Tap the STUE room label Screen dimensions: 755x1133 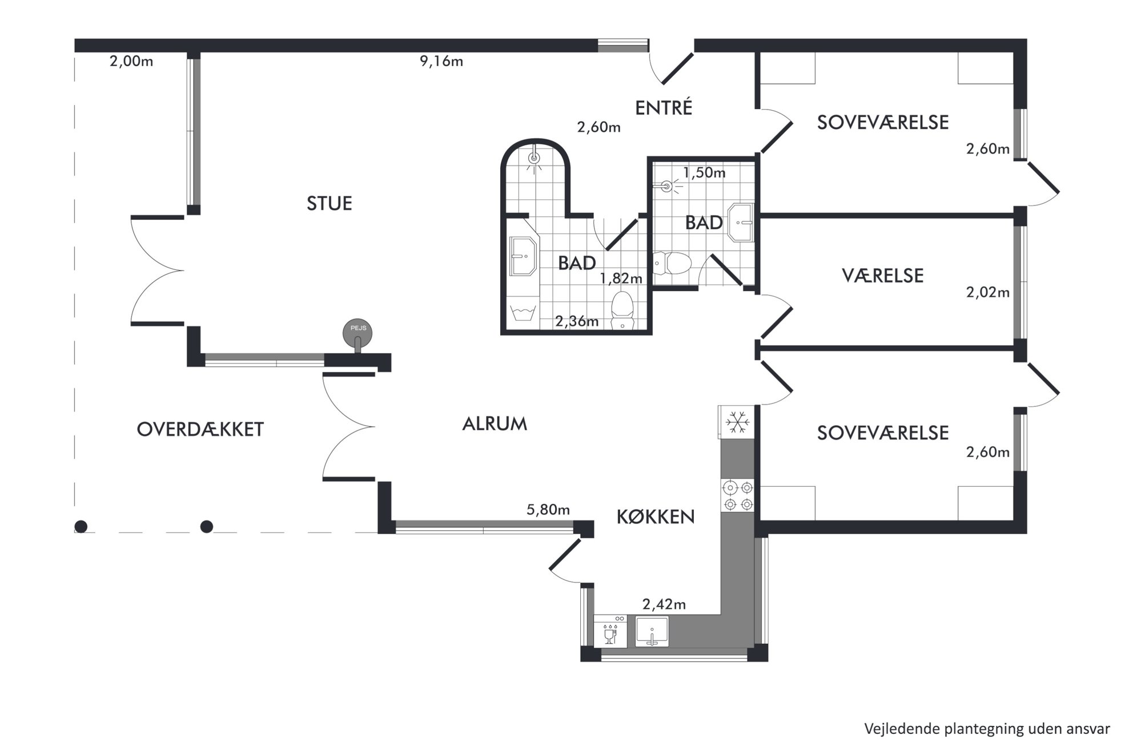point(329,204)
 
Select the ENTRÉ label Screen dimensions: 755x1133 point(664,108)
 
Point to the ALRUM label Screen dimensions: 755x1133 point(495,424)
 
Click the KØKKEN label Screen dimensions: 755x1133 point(656,517)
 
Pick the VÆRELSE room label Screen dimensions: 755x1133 point(882,276)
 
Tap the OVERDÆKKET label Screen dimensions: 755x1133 point(200,430)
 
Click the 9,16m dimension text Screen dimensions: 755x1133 point(441,61)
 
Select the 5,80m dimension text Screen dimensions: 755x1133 point(548,510)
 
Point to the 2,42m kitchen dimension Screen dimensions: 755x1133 point(664,604)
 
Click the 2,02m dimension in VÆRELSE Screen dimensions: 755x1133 point(987,293)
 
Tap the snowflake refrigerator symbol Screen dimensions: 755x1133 point(737,423)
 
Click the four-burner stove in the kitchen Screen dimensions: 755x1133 point(738,496)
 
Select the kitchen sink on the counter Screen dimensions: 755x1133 point(652,632)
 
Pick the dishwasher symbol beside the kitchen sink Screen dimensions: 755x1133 point(610,632)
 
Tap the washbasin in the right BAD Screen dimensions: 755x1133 point(741,223)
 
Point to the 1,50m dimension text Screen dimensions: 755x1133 point(704,172)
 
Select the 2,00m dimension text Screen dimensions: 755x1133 point(131,61)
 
